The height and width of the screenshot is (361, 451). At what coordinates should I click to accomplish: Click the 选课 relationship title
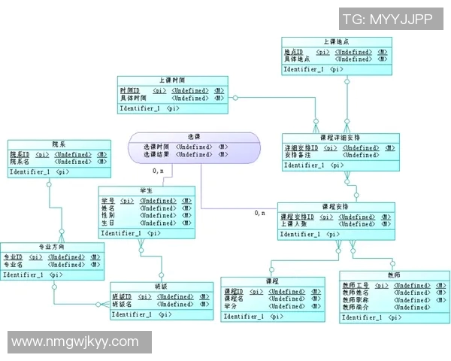[x=194, y=137]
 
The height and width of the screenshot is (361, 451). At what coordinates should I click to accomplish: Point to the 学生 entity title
[x=147, y=191]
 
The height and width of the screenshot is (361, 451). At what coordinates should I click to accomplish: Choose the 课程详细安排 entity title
[x=340, y=138]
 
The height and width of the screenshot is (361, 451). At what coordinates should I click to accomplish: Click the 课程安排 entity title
[x=334, y=206]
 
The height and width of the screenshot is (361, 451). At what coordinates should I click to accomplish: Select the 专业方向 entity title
[x=52, y=247]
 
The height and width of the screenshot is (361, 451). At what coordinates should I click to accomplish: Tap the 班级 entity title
[x=159, y=287]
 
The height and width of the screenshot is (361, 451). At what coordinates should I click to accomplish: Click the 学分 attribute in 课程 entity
[x=232, y=307]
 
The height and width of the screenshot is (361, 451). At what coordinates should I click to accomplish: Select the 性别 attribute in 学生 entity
[x=108, y=215]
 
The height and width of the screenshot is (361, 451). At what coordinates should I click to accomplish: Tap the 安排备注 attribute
[x=297, y=156]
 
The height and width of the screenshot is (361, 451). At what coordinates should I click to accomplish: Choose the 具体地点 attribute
[x=297, y=59]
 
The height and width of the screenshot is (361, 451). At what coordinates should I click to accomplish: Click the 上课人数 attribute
[x=294, y=224]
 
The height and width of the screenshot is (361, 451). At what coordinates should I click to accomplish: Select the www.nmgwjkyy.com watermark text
[x=75, y=342]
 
